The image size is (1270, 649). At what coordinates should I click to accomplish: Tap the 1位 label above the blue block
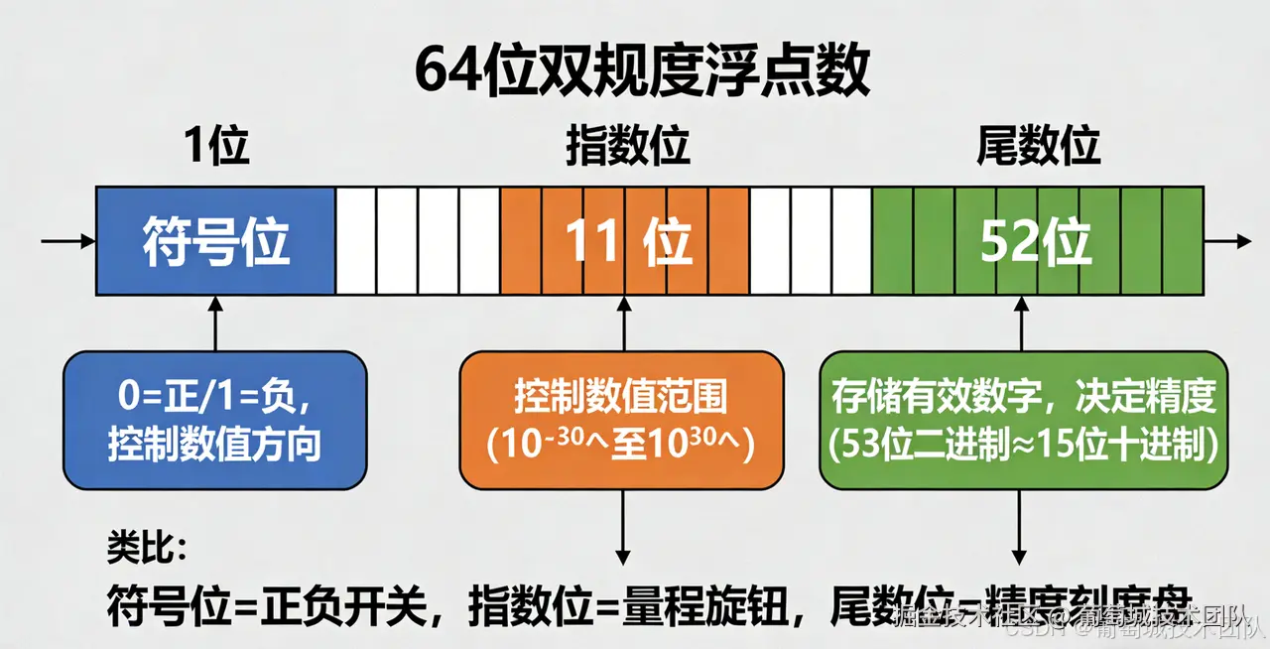click(x=215, y=147)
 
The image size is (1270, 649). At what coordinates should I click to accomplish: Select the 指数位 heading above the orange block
click(x=627, y=147)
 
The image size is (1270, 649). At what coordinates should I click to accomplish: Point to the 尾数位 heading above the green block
click(x=1038, y=147)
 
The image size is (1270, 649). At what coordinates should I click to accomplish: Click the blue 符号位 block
click(x=215, y=241)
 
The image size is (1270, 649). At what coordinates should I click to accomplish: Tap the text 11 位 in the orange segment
click(x=627, y=241)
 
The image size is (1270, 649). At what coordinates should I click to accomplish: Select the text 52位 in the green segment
click(x=1035, y=241)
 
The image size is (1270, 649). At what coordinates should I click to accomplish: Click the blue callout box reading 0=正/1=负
click(x=214, y=421)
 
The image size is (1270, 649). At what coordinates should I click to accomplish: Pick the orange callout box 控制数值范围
click(x=621, y=421)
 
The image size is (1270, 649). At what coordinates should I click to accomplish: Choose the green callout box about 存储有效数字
click(x=1023, y=421)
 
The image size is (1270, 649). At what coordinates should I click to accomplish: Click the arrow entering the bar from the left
click(x=67, y=241)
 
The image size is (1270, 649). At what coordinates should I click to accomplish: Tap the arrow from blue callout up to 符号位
click(x=215, y=324)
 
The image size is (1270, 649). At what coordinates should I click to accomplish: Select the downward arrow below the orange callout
click(x=623, y=526)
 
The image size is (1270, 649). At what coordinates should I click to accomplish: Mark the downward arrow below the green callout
click(x=1019, y=526)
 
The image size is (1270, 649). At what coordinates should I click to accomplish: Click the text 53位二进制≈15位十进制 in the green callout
click(x=1023, y=444)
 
